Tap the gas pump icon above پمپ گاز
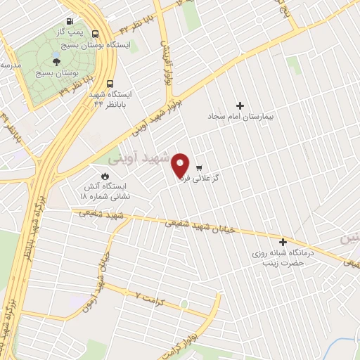point(69,22)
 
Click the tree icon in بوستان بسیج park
point(66,62)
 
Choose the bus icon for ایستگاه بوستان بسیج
point(96,33)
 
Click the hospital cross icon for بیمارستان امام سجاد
point(240,105)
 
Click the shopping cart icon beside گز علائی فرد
point(200,167)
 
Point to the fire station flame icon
point(105,176)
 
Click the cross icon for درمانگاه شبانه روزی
point(283,241)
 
